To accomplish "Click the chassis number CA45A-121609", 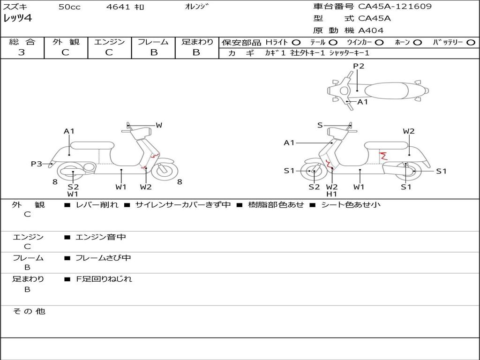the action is tap(395, 7).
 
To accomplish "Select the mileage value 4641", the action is tap(119, 7).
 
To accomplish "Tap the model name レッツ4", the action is tap(17, 19).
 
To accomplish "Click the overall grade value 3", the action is tap(22, 52).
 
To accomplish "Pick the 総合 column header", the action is tap(22, 42).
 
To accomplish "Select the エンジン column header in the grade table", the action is tap(109, 42).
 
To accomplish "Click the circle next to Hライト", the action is tap(296, 42).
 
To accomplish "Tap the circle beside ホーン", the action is tap(418, 42).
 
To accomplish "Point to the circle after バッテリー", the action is tap(471, 42).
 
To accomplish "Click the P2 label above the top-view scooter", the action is tap(359, 66).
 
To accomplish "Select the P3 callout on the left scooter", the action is tap(37, 164).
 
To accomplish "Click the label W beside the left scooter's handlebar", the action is tap(159, 125).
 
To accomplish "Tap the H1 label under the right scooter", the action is tap(332, 194).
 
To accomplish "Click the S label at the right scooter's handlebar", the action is tap(320, 125).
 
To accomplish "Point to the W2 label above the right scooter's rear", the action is tap(409, 131).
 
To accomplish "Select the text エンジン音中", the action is tap(100, 237).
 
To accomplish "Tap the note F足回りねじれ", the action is tap(104, 279).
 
